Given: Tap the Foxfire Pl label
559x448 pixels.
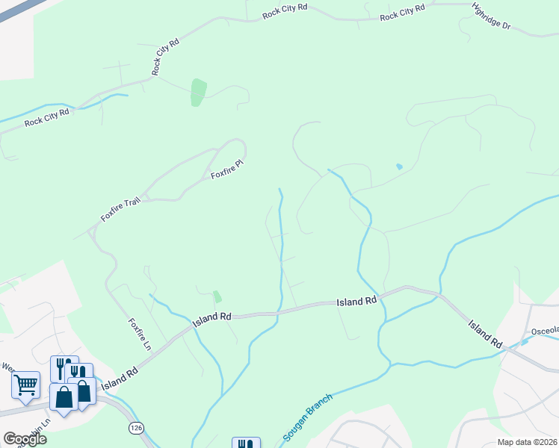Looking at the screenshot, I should point(228,169).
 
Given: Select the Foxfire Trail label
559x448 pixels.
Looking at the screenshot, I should point(120,208).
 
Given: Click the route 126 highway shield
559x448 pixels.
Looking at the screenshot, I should point(135,427).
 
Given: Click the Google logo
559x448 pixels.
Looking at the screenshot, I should point(25,439).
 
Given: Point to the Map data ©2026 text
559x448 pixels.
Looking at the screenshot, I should point(527,442).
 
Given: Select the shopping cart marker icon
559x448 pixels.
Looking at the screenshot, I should point(25,385).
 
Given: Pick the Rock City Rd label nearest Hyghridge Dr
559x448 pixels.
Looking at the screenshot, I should point(402,13).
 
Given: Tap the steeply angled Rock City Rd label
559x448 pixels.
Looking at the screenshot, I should point(166,57).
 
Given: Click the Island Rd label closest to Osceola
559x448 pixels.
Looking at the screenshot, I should point(485,334).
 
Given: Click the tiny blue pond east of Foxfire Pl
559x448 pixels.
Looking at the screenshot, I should point(399,167).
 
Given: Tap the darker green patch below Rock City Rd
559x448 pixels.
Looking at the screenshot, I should point(198,92).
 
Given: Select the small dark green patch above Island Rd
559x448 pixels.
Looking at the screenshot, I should point(217,296).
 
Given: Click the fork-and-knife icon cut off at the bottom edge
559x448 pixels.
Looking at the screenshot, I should point(246,443).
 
